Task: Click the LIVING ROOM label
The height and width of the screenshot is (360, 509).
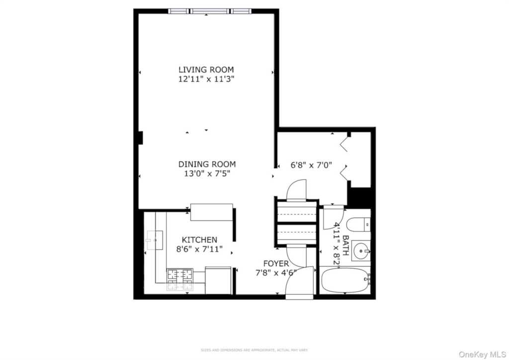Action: click(x=206, y=70)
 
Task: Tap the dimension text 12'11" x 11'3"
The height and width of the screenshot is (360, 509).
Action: click(x=206, y=79)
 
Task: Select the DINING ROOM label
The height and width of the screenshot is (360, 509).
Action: click(x=207, y=164)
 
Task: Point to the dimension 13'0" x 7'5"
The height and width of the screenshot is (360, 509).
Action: click(x=207, y=174)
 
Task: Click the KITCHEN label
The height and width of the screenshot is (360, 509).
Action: click(x=199, y=240)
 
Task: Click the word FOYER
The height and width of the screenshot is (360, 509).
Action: click(x=275, y=263)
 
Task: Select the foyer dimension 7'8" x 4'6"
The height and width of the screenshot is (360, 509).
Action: click(x=275, y=272)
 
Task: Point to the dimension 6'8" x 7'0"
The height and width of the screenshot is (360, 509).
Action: click(x=311, y=165)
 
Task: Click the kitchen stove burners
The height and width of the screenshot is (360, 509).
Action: click(x=180, y=279)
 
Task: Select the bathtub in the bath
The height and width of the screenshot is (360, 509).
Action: click(x=345, y=280)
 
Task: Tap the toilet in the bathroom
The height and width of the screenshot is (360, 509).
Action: click(x=357, y=225)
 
